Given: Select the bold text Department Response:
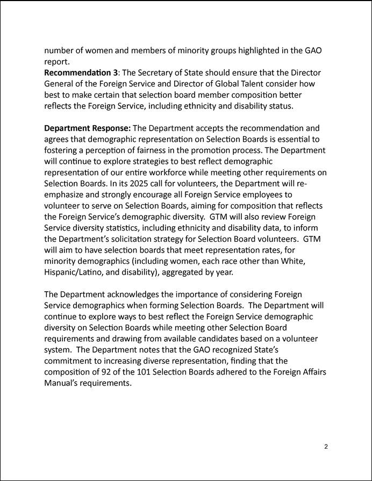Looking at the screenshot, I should pyautogui.click(x=87, y=128).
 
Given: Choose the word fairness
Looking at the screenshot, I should pyautogui.click(x=171, y=150).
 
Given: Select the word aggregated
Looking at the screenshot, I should pyautogui.click(x=185, y=272).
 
